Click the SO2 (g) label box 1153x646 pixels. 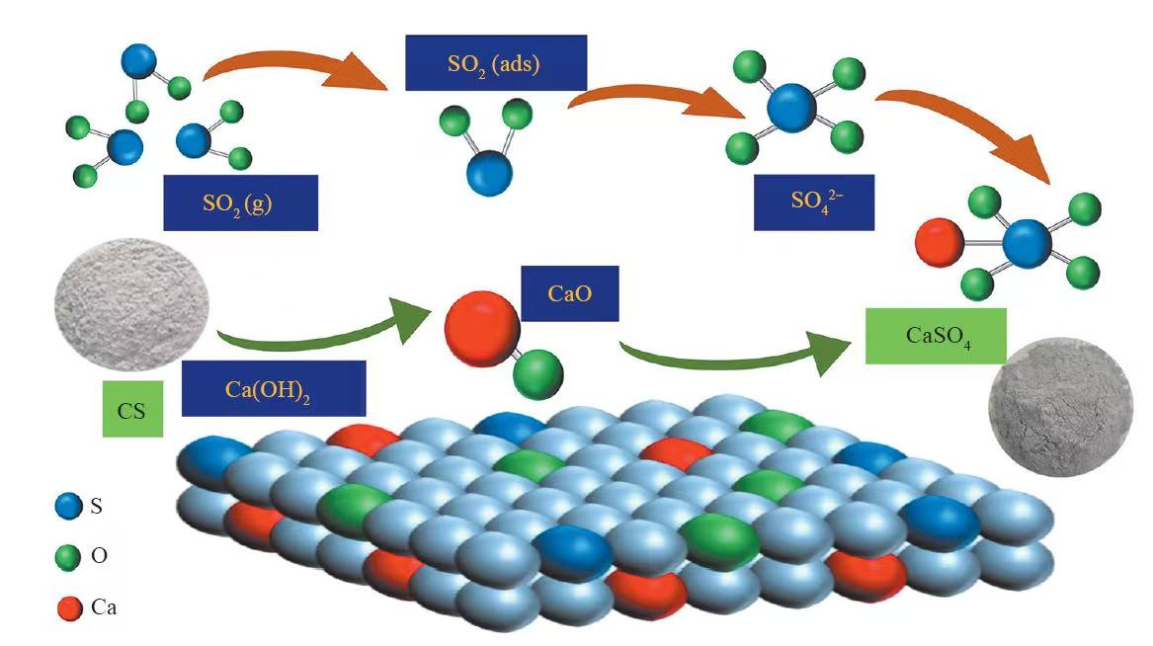pos(241,202)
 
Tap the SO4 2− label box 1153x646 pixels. pos(813,202)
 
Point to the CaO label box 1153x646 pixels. pos(569,292)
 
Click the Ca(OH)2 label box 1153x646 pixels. pos(274,387)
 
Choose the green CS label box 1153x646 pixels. pos(132,408)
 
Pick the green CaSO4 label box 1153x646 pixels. pos(936,336)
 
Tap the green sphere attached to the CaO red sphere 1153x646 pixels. pos(538,373)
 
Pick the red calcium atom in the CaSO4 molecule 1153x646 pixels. pos(935,240)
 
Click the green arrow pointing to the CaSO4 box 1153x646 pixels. pos(731,359)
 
